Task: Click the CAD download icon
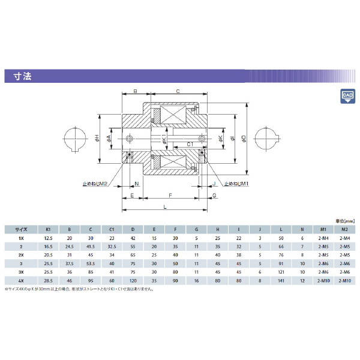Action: pyautogui.click(x=347, y=96)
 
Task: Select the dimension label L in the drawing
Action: pyautogui.click(x=164, y=206)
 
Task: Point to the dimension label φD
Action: pyautogui.click(x=244, y=139)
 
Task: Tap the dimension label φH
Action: pyautogui.click(x=98, y=139)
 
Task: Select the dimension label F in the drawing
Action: pyautogui.click(x=171, y=196)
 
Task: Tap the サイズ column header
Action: pyautogui.click(x=21, y=229)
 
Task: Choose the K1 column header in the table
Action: pyautogui.click(x=48, y=229)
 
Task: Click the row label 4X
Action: pyautogui.click(x=21, y=280)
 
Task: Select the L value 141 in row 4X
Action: pyautogui.click(x=281, y=280)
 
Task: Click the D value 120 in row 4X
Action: pyautogui.click(x=132, y=280)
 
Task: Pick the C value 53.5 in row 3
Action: pyautogui.click(x=91, y=263)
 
